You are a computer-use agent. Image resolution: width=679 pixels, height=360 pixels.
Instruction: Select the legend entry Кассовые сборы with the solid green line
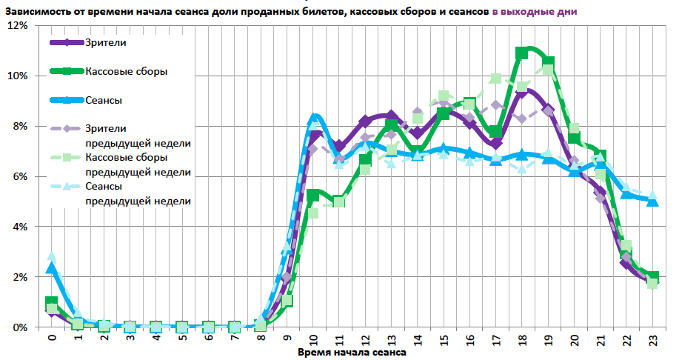point(126,71)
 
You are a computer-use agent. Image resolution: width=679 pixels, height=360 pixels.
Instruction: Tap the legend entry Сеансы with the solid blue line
point(104,100)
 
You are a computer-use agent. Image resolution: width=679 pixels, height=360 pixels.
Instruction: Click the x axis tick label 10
point(313,340)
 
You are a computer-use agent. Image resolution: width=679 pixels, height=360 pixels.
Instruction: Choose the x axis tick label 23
point(652,340)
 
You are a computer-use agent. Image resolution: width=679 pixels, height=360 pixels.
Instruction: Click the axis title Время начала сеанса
point(352,353)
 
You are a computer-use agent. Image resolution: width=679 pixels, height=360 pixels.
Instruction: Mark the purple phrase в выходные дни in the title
point(534,12)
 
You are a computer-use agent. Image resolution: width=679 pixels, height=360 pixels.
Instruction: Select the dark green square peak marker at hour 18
point(522,53)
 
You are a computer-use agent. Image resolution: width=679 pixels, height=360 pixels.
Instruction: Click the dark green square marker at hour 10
point(313,196)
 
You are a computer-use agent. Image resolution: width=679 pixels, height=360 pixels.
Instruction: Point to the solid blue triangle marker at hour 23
point(652,201)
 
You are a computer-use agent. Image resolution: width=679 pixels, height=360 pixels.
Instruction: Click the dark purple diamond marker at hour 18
point(522,92)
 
